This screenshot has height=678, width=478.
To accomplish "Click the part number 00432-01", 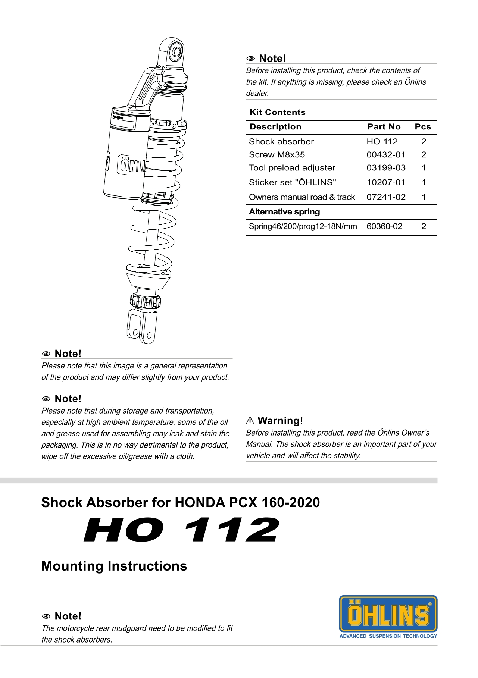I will (385, 155).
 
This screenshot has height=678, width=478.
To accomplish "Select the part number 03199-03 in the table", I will (386, 168).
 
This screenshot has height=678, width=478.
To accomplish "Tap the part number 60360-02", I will (384, 226).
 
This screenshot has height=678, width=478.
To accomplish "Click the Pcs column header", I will (423, 127).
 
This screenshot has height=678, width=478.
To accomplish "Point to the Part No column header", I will (384, 127).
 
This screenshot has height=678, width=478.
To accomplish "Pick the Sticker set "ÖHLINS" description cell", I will (293, 182).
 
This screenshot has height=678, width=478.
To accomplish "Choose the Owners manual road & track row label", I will (302, 197).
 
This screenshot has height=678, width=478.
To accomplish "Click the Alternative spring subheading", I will (284, 212).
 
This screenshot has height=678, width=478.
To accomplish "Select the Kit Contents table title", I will (277, 112).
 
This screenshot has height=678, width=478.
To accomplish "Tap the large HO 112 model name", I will (181, 530).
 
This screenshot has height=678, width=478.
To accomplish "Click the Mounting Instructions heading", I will (114, 566).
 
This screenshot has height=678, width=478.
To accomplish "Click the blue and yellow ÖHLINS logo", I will (388, 613).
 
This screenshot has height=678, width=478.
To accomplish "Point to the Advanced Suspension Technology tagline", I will (388, 636).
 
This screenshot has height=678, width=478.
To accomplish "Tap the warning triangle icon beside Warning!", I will (250, 421).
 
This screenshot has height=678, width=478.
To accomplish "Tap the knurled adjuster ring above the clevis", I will (145, 301).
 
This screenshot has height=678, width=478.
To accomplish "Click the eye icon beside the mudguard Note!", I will (46, 616).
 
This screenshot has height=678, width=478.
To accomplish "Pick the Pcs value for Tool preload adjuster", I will (424, 168).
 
